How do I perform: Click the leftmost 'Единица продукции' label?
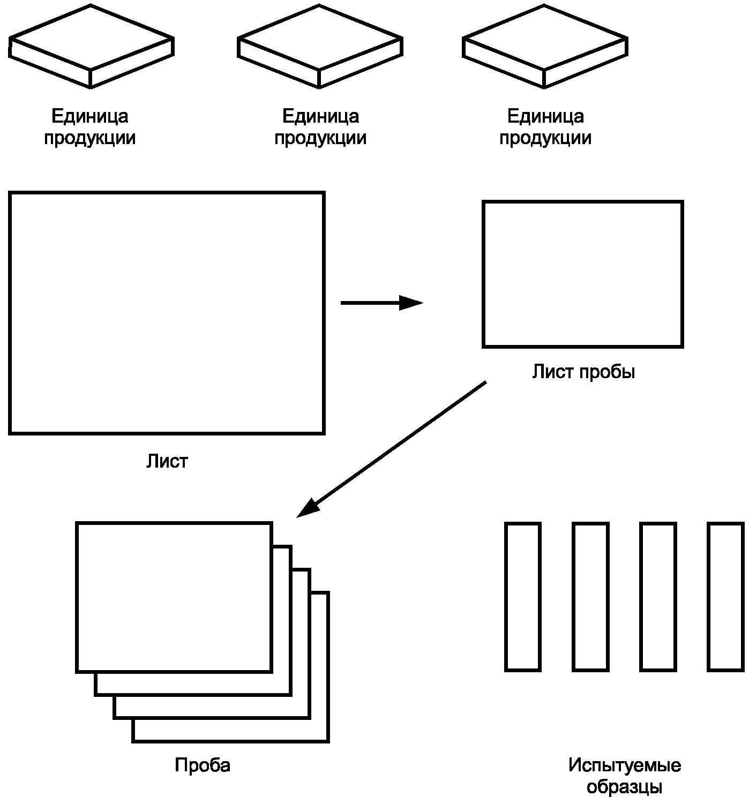[x=89, y=127]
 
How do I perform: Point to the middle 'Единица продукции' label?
[x=320, y=127]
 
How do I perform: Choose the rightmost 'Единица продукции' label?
[x=545, y=127]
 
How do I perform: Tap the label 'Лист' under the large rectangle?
[x=167, y=461]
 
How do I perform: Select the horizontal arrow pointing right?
[x=381, y=303]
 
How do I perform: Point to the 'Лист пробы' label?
[x=583, y=372]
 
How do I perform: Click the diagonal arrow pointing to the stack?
[x=391, y=449]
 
